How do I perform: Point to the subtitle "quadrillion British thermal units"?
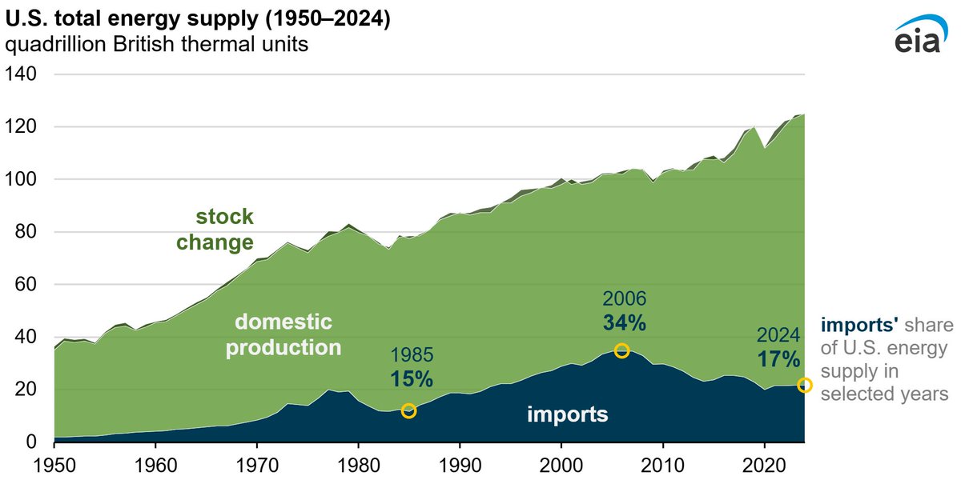(156, 45)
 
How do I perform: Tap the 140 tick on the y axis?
(22, 74)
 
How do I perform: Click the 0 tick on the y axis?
(32, 442)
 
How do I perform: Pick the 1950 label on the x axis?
(54, 464)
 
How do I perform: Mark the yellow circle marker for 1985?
(408, 411)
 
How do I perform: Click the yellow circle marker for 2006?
(621, 350)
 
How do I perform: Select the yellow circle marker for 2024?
(805, 386)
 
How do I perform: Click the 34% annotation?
(624, 323)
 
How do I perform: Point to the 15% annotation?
(412, 378)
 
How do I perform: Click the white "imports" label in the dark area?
(567, 415)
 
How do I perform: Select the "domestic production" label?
(283, 335)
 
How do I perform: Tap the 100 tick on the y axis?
(22, 180)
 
